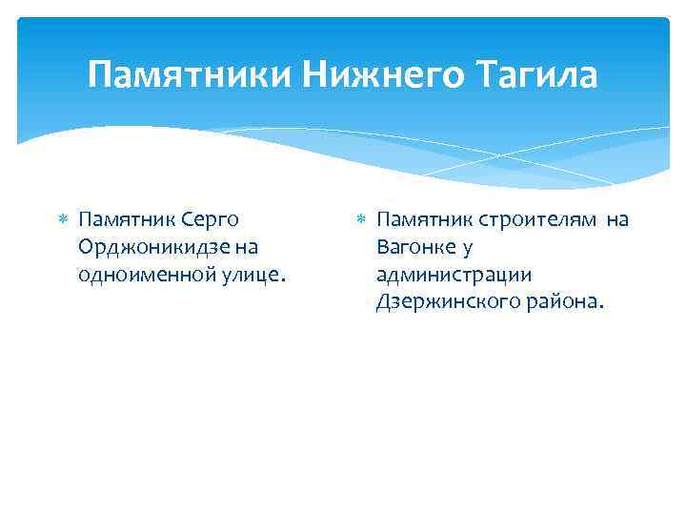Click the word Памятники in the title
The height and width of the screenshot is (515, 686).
click(190, 74)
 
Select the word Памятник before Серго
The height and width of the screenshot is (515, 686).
click(126, 220)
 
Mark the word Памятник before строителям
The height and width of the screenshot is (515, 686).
click(423, 220)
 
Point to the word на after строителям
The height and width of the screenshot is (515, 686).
click(617, 220)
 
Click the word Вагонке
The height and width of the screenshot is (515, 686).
click(414, 248)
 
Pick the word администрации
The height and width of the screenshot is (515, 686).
click(440, 276)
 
